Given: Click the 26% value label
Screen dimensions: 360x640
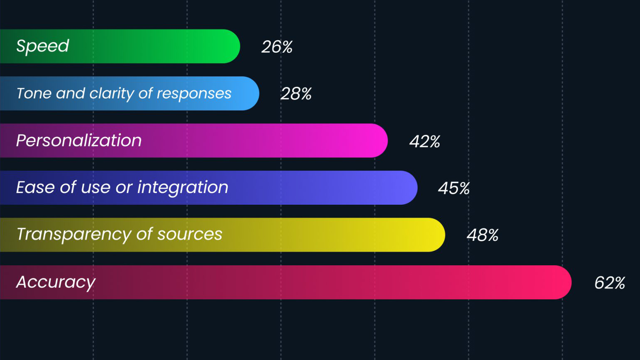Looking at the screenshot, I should (x=277, y=47).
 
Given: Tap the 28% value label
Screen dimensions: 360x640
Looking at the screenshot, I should (x=296, y=94).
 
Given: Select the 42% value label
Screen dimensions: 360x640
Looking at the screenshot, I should (x=425, y=142).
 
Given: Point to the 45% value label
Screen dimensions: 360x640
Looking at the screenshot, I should (x=454, y=189).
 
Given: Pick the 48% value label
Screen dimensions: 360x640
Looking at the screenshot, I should (x=482, y=235).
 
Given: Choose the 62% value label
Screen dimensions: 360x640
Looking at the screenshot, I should (x=610, y=283).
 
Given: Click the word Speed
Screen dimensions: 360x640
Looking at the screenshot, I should (x=42, y=46).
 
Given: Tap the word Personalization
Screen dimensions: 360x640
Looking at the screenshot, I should (x=79, y=141).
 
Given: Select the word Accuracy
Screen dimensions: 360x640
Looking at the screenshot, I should (x=56, y=282).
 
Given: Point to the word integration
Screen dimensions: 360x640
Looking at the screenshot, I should (x=183, y=188).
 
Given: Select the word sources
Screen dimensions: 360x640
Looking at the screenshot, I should (x=190, y=235).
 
